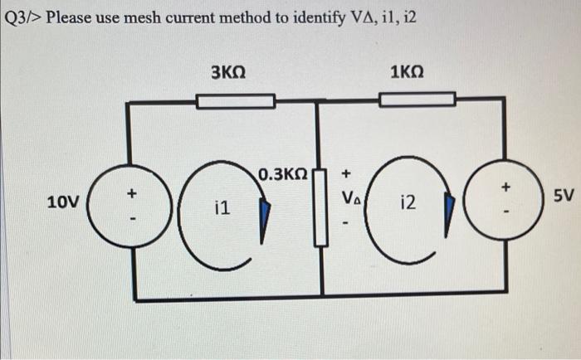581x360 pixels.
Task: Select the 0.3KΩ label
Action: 283,175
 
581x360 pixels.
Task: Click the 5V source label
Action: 564,196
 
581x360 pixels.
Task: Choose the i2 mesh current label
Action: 408,202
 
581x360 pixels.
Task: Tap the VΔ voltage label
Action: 349,199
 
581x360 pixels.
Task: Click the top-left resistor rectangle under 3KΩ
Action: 236,101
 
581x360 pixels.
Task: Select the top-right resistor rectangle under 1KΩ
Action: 417,100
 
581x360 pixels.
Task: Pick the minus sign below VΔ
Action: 349,223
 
